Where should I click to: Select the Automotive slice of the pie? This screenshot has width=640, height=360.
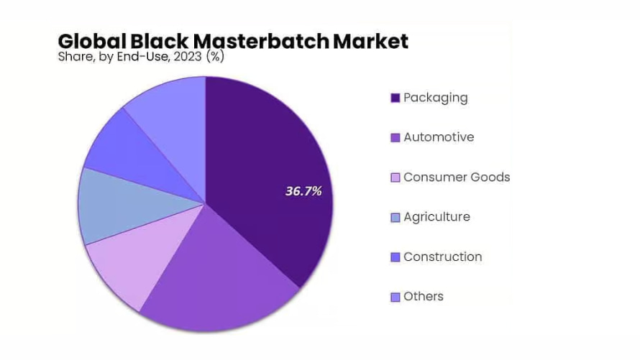pyautogui.click(x=216, y=280)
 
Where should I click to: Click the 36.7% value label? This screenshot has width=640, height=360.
pyautogui.click(x=303, y=191)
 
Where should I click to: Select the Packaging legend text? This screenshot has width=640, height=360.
pyautogui.click(x=435, y=98)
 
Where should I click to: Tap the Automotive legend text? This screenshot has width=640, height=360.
pyautogui.click(x=439, y=137)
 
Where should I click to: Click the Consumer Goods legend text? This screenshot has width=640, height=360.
pyautogui.click(x=457, y=177)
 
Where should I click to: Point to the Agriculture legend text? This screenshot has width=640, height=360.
pyautogui.click(x=436, y=217)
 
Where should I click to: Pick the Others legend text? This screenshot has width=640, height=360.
pyautogui.click(x=424, y=297)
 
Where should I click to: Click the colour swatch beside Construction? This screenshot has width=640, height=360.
pyautogui.click(x=395, y=257)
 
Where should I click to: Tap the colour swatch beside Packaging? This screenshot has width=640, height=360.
pyautogui.click(x=395, y=98)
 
